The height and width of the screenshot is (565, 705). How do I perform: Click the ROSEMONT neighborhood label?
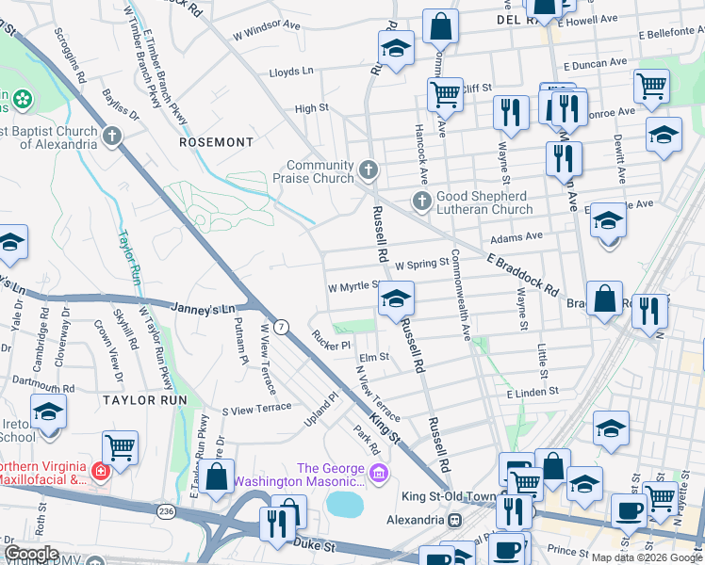click(216, 142)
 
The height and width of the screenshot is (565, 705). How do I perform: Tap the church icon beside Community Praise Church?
click(368, 171)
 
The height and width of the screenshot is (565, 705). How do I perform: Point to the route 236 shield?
click(167, 510)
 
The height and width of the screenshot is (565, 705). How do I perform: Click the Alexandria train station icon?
click(454, 520)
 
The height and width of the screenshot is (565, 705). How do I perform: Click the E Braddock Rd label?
click(522, 274)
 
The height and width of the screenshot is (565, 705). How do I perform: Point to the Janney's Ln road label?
click(203, 307)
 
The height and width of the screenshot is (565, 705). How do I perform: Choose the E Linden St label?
click(533, 391)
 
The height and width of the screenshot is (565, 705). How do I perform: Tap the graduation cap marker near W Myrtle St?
click(396, 299)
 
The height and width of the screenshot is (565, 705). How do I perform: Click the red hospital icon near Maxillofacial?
click(97, 468)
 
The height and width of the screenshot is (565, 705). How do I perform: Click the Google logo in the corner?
click(31, 554)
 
